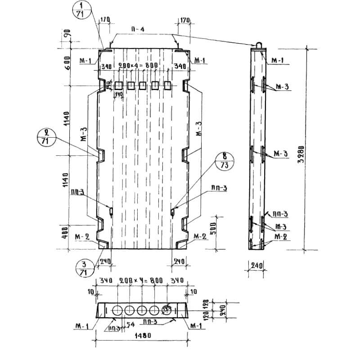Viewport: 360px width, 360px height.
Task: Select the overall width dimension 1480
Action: tap(143, 335)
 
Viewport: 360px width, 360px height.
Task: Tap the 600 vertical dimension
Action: tap(67, 63)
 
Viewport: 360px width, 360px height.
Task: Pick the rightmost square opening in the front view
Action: tap(167, 85)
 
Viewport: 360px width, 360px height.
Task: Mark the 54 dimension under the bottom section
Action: tap(130, 324)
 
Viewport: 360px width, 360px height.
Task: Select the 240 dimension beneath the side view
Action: tap(254, 265)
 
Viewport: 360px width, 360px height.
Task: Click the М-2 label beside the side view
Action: tap(280, 236)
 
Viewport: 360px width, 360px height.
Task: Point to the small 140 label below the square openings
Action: tap(118, 94)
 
